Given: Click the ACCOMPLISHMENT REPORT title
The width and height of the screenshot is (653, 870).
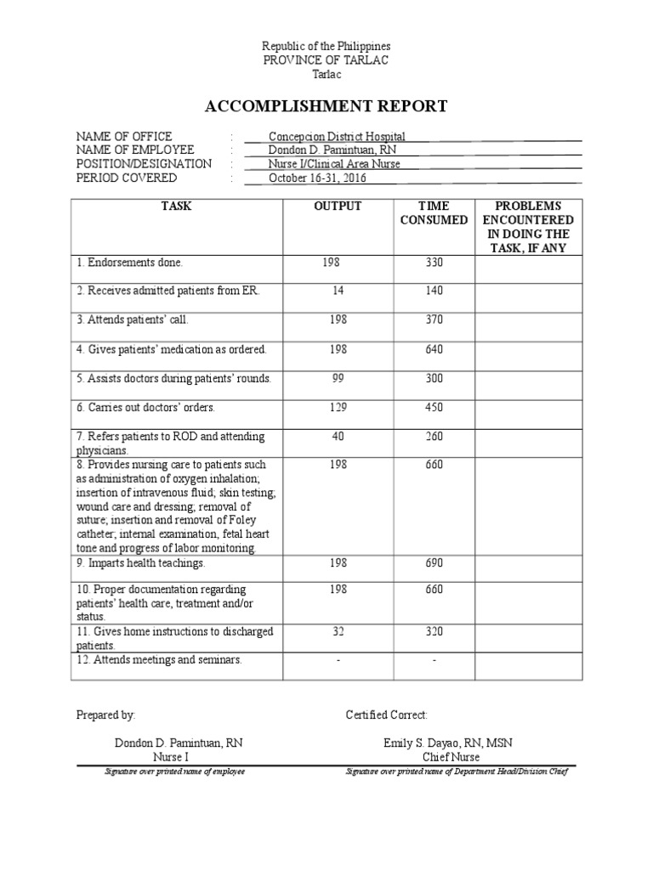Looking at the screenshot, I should pyautogui.click(x=326, y=106).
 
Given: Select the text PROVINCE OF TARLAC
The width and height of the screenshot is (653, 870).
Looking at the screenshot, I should pyautogui.click(x=326, y=60).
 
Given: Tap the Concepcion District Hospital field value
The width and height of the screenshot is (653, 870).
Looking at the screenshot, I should pyautogui.click(x=337, y=136).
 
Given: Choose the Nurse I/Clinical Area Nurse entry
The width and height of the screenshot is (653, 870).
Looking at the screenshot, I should pyautogui.click(x=334, y=164).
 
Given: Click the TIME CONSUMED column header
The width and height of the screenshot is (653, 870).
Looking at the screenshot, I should pyautogui.click(x=434, y=213).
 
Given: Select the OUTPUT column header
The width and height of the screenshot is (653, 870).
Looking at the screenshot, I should pyautogui.click(x=338, y=206).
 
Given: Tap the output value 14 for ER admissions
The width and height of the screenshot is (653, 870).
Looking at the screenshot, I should pyautogui.click(x=338, y=291).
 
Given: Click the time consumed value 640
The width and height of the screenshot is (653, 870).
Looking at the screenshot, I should pyautogui.click(x=434, y=349).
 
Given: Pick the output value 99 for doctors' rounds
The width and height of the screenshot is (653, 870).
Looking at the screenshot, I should pyautogui.click(x=338, y=378).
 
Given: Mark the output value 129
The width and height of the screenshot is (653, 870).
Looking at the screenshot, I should pyautogui.click(x=338, y=407).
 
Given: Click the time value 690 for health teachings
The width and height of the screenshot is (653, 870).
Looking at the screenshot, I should pyautogui.click(x=434, y=563).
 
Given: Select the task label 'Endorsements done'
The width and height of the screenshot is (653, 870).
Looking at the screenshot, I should pyautogui.click(x=129, y=263).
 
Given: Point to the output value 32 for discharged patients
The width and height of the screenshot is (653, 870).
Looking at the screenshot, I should pyautogui.click(x=338, y=631).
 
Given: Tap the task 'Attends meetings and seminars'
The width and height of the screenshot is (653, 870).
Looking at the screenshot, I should pyautogui.click(x=159, y=660).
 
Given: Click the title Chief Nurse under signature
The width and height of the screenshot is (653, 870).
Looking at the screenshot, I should pyautogui.click(x=451, y=757).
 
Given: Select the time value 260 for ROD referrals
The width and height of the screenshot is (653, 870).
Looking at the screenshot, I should pyautogui.click(x=434, y=436).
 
